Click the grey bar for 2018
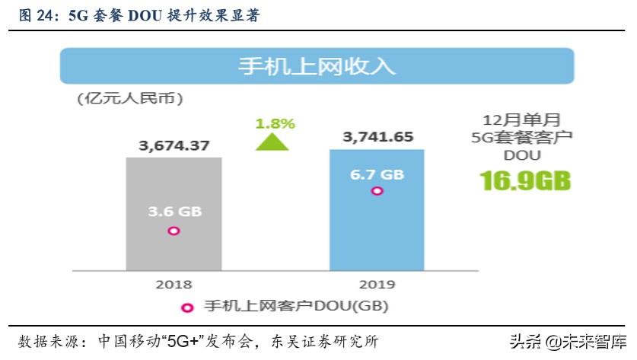pos(174,213)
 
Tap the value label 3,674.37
pos(174,145)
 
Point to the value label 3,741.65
pos(377,137)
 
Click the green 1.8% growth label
pos(275,123)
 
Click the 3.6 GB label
pos(174,212)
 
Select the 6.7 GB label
pos(377,173)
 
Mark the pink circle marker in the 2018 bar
pos(174,230)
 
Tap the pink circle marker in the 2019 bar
pos(376,190)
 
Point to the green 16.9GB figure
pos(524,181)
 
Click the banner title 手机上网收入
pos(317,66)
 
